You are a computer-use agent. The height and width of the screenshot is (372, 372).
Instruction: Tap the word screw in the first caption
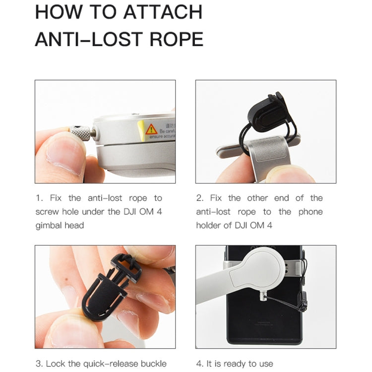(47, 212)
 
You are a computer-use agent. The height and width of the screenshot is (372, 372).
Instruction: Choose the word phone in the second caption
(310, 212)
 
